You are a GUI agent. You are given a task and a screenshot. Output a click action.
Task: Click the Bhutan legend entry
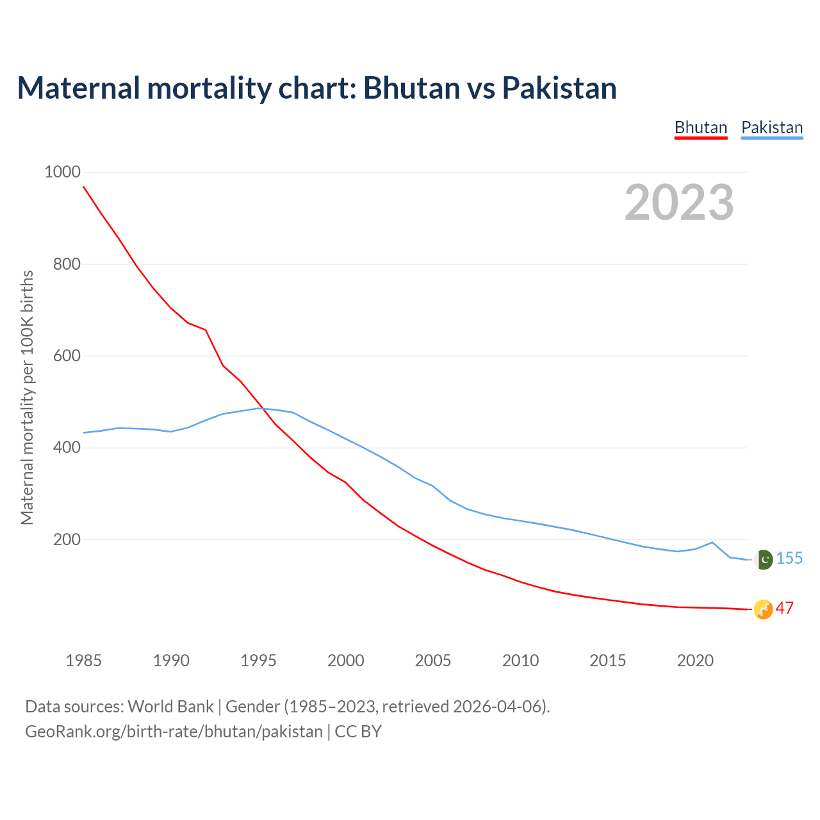[701, 127]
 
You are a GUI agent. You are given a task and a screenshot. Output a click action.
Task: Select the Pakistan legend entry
[772, 127]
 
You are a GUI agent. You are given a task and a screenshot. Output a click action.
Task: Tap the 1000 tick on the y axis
[62, 172]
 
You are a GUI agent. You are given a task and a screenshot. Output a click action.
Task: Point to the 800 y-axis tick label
[67, 263]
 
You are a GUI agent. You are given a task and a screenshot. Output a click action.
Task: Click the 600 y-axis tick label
[67, 356]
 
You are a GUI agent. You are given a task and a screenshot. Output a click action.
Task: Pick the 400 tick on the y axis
[67, 447]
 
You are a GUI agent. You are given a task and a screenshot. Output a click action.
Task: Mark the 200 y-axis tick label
[67, 539]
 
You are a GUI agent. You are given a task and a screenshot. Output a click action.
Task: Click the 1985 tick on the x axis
[84, 660]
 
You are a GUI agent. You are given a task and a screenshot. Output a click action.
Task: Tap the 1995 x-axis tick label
[258, 660]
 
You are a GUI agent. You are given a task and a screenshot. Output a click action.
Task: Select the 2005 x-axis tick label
[433, 660]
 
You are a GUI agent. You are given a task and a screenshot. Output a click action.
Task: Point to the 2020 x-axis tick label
[695, 660]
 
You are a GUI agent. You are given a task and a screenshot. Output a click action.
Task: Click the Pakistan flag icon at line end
[764, 559]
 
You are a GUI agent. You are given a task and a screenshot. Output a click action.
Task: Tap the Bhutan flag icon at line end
[763, 609]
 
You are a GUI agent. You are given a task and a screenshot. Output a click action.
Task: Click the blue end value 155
[789, 559]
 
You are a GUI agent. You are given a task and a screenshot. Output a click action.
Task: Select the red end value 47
[785, 609]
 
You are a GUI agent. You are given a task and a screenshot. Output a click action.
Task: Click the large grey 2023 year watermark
[679, 202]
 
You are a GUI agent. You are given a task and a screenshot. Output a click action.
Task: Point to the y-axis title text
[27, 397]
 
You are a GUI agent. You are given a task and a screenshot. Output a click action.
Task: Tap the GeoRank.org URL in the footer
[174, 732]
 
